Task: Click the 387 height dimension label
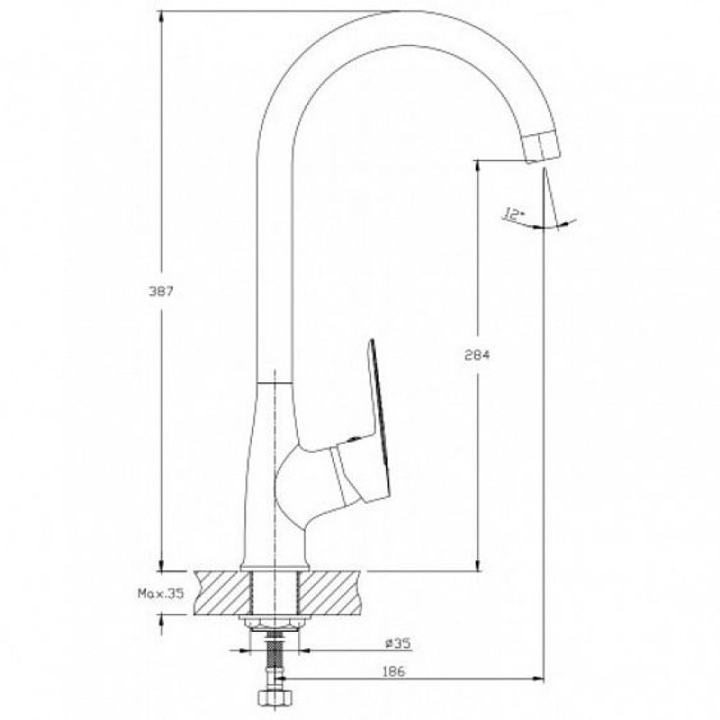click(161, 291)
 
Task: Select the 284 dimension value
click(477, 355)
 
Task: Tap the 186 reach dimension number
click(393, 671)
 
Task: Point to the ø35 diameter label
click(397, 643)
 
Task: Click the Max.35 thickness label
click(161, 593)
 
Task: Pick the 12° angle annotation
click(513, 214)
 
